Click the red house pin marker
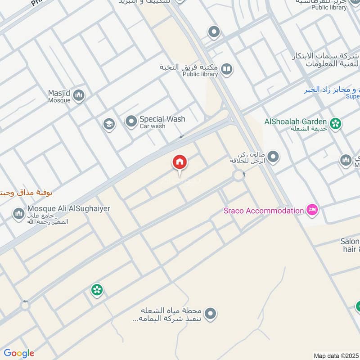click(179, 163)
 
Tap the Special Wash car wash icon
click(131, 122)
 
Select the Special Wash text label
click(162, 119)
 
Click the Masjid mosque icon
click(79, 95)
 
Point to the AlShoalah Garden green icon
click(335, 122)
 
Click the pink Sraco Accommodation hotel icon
click(311, 210)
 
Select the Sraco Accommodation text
click(264, 211)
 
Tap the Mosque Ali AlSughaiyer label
click(68, 209)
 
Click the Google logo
click(19, 353)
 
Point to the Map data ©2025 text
click(335, 355)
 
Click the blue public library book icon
click(227, 69)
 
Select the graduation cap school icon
click(108, 124)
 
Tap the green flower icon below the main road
click(97, 289)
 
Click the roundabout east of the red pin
click(238, 175)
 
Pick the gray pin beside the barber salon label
click(273, 157)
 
